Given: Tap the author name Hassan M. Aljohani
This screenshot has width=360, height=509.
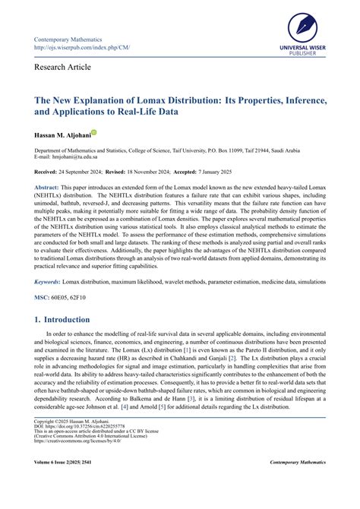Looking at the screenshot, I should click(61, 134).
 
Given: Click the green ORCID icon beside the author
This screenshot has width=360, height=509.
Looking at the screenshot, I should click(93, 132).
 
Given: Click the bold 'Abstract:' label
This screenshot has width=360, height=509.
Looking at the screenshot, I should click(49, 187).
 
